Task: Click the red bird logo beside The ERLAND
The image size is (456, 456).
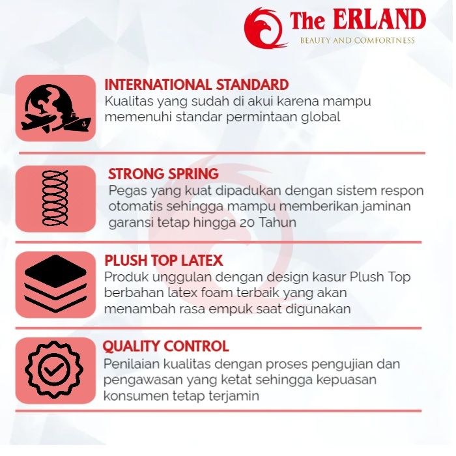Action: point(264,28)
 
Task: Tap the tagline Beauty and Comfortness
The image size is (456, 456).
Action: point(358,40)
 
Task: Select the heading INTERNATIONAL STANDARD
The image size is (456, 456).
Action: point(197,85)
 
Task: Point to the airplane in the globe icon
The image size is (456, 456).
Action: point(38,122)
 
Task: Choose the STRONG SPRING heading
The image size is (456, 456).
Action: point(164,174)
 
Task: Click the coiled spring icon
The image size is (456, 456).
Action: point(55,198)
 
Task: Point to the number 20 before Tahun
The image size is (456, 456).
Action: point(248,223)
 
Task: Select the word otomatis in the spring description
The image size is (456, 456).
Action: point(135,207)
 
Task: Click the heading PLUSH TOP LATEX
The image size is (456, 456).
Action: point(164,261)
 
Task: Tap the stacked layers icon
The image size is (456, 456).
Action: point(55,283)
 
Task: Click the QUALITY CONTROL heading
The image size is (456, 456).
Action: point(165,347)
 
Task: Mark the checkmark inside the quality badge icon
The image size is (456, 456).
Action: point(54,369)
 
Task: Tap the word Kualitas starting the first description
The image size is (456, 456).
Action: point(129,102)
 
